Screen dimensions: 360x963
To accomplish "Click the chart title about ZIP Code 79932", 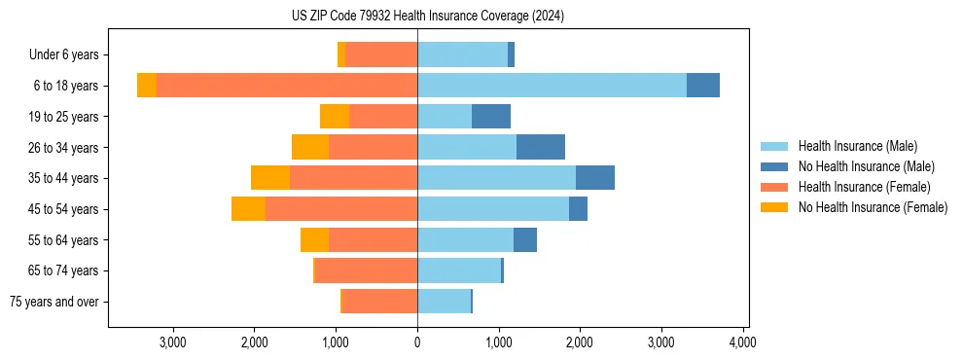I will pyautogui.click(x=428, y=17).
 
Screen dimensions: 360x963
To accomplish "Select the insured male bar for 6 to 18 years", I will pyautogui.click(x=552, y=86).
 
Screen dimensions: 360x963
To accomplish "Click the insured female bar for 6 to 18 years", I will pyautogui.click(x=287, y=86).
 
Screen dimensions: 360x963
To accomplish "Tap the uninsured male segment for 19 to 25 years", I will pyautogui.click(x=491, y=117).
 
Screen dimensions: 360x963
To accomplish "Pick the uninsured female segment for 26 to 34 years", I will pyautogui.click(x=310, y=147).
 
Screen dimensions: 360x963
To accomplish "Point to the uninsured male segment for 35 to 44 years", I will pyautogui.click(x=595, y=178).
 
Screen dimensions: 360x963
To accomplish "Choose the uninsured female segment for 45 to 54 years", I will pyautogui.click(x=248, y=209).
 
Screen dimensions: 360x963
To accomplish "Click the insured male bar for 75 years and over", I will pyautogui.click(x=444, y=302).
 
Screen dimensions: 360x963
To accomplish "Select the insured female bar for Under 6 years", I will pyautogui.click(x=381, y=54).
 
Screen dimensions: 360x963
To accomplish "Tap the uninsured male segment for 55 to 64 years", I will pyautogui.click(x=525, y=239).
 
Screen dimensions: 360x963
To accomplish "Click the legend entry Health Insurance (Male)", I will pyautogui.click(x=857, y=146).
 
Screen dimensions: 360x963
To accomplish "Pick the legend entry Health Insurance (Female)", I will pyautogui.click(x=864, y=187).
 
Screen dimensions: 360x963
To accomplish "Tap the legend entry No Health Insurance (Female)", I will pyautogui.click(x=873, y=207).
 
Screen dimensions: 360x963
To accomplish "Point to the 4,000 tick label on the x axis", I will pyautogui.click(x=743, y=342).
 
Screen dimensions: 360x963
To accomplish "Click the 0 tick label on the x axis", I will pyautogui.click(x=417, y=342).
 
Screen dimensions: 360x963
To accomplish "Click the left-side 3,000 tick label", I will pyautogui.click(x=172, y=342).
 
